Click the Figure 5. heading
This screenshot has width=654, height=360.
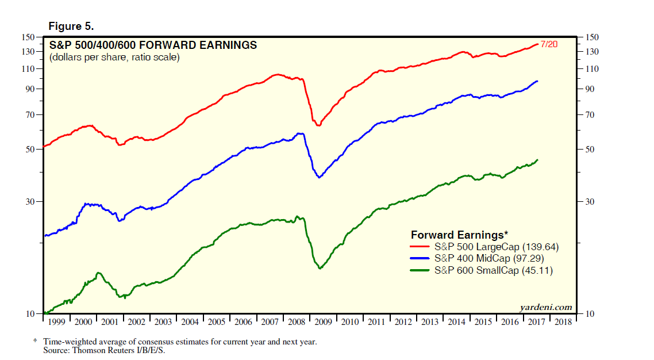pos(71,26)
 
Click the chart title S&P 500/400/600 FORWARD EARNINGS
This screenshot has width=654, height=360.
pos(153,45)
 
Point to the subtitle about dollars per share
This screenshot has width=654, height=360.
pos(114,58)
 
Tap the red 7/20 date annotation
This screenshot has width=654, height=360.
pos(549,44)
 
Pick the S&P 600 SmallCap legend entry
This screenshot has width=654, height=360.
pos(494,270)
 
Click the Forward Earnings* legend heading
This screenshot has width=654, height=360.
pos(459,235)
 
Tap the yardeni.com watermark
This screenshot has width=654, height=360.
pos(545,307)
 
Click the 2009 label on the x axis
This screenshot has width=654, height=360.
pos(324,322)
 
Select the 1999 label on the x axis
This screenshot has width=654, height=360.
pos(57,322)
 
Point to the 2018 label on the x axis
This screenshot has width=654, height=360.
pos(563,322)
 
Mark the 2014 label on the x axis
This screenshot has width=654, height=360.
pos(456,322)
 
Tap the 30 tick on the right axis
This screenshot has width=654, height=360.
pos(588,202)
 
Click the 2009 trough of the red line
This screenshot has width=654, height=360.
pos(318,125)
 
